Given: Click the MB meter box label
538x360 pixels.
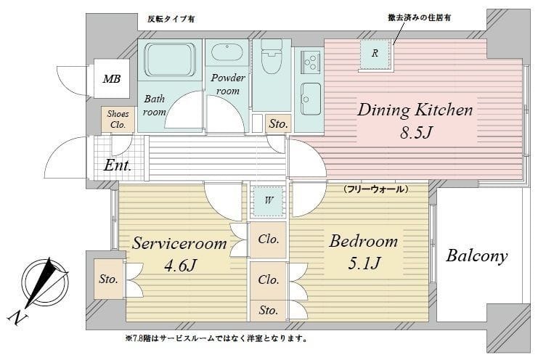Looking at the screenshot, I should (x=111, y=79).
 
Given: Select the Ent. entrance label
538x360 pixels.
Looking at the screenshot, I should (x=117, y=165).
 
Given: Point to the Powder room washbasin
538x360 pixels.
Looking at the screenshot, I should (x=227, y=56).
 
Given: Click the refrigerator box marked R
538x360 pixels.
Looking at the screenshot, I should (x=374, y=54).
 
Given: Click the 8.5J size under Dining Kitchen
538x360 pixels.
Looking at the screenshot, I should (x=415, y=136).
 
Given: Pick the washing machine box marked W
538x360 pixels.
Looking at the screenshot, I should (x=268, y=201).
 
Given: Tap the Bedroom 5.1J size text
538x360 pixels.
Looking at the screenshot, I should (x=363, y=265).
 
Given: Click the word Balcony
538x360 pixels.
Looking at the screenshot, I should (x=476, y=256).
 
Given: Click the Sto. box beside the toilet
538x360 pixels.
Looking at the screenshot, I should (x=278, y=125).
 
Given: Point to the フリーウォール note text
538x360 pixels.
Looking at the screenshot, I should (x=375, y=189).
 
